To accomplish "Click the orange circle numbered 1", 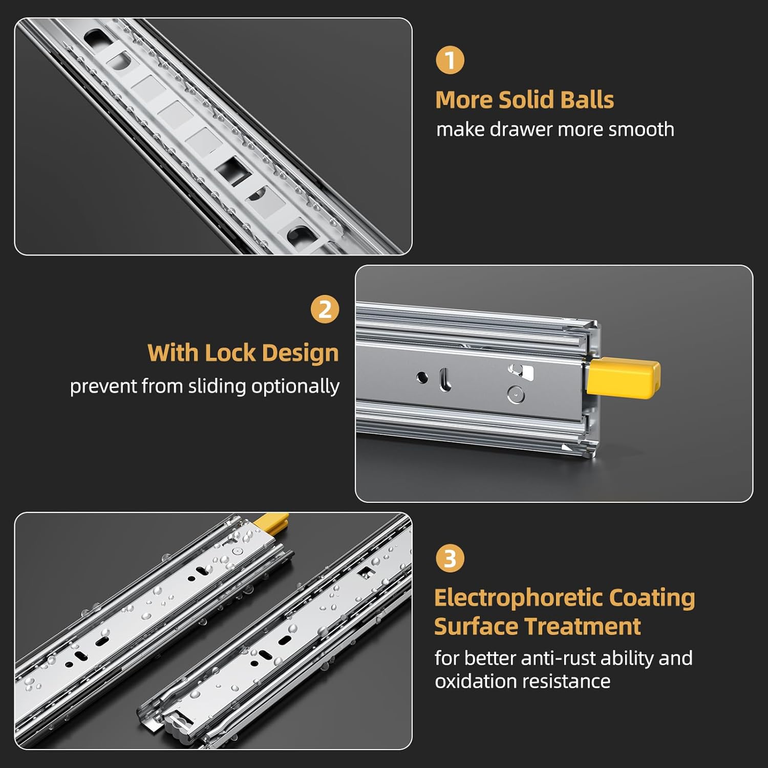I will pos(450,60).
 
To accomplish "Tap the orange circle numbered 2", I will pos(325,309).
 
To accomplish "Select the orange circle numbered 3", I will pos(450,558).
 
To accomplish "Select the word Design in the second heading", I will pos(300,354).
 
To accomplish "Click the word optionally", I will pos(295,387).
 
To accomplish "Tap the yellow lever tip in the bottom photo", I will pos(271,522).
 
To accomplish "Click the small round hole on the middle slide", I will pos(422,377).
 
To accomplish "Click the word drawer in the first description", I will pos(521,130).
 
